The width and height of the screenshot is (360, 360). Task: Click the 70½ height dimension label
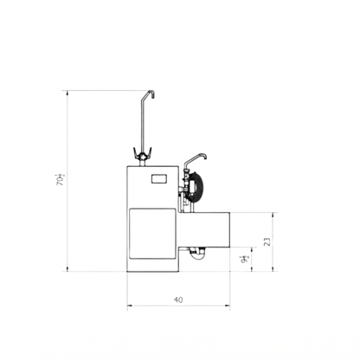[x=61, y=179]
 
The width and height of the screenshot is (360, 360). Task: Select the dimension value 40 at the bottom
[x=178, y=299]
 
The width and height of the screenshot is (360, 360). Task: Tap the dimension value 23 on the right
[x=267, y=242]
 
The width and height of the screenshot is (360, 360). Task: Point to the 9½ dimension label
[x=245, y=258]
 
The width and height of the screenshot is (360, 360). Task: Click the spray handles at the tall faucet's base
[x=142, y=154]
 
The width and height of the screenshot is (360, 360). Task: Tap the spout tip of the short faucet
[x=207, y=157]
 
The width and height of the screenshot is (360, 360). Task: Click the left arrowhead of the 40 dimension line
[x=129, y=306]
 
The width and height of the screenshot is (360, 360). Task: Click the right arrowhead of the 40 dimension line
[x=228, y=306]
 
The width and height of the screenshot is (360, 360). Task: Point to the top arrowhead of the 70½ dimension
[x=67, y=92]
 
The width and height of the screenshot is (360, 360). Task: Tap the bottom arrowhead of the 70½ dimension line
[x=67, y=269]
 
